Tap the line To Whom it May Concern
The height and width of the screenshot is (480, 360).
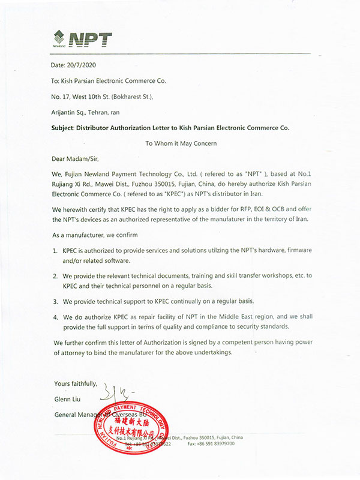pos(180,143)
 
